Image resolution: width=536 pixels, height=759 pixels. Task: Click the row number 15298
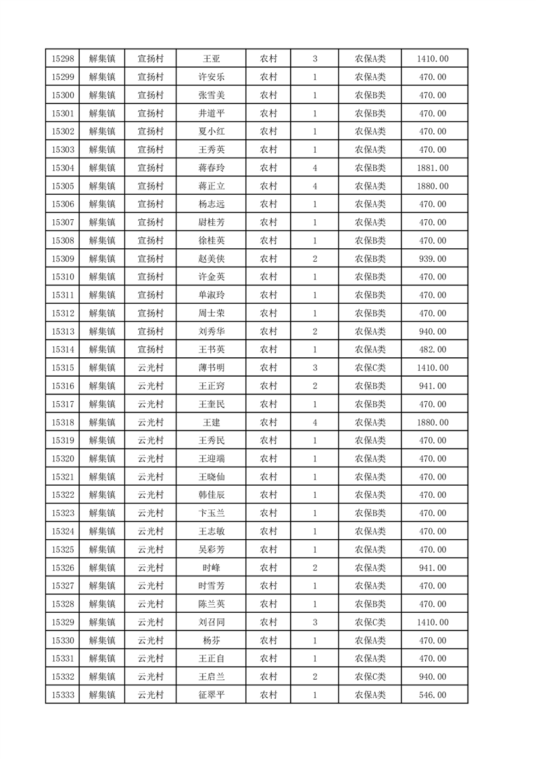62,59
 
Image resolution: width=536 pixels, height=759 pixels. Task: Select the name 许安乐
211,77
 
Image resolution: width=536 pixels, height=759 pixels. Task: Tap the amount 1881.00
433,168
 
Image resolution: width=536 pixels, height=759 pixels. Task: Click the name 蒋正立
211,186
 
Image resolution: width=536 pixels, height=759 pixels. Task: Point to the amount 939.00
433,258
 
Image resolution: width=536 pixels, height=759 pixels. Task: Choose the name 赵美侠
211,258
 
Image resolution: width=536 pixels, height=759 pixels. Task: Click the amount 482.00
433,349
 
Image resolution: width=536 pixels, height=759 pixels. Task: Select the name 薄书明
211,367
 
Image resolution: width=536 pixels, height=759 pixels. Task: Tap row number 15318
62,422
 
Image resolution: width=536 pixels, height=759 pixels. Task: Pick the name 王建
211,422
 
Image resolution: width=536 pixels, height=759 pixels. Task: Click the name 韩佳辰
211,495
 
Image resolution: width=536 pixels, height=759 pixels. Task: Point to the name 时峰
211,568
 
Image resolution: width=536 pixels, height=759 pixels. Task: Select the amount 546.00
433,695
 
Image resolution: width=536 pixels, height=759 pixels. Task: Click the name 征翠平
211,695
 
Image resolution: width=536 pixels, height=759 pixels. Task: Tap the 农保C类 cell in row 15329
370,622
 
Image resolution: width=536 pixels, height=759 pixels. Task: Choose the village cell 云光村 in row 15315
151,367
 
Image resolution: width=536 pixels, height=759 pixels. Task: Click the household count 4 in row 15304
315,168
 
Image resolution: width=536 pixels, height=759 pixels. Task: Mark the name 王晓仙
211,477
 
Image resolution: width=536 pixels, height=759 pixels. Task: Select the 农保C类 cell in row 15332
370,676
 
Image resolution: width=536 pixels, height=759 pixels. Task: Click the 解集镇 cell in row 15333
102,695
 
